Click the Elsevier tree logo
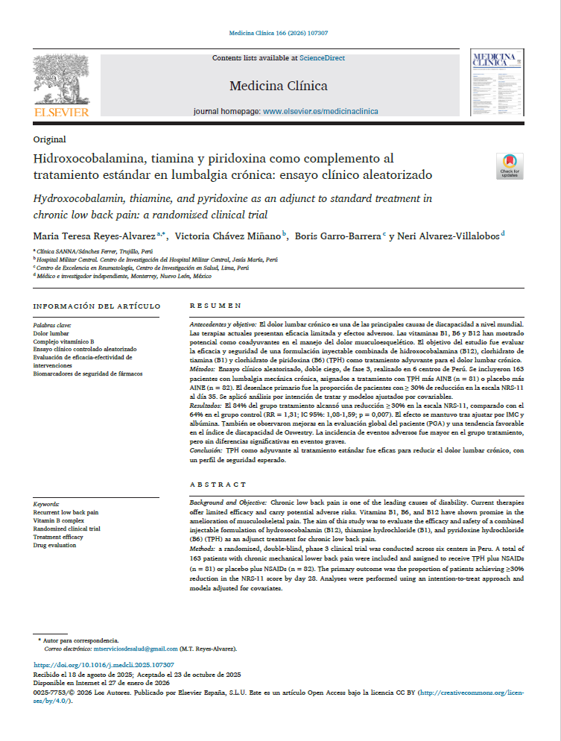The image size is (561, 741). click(60, 80)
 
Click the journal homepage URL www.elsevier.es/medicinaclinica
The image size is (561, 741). click(320, 111)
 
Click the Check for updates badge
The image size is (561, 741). click(510, 166)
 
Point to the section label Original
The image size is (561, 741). click(50, 139)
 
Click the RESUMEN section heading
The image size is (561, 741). click(215, 306)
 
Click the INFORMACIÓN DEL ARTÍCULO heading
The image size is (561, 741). click(97, 306)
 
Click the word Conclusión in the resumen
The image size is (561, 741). click(206, 451)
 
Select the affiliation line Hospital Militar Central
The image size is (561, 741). click(156, 260)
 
